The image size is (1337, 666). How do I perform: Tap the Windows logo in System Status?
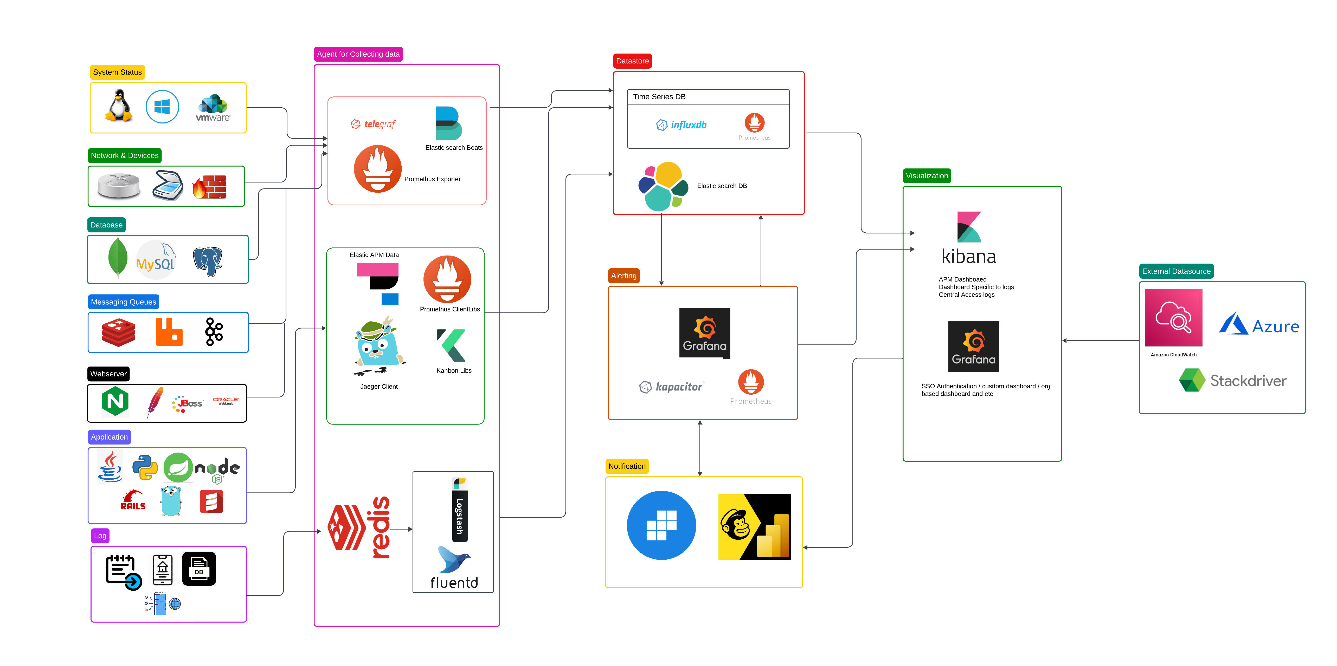click(x=162, y=107)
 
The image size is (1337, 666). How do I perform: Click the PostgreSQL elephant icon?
click(x=208, y=260)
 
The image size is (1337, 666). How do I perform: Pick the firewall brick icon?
click(x=210, y=187)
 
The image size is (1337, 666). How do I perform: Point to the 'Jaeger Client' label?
click(x=379, y=387)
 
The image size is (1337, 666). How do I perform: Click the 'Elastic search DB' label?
click(x=722, y=186)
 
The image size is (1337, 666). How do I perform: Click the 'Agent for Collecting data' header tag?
click(x=358, y=54)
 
